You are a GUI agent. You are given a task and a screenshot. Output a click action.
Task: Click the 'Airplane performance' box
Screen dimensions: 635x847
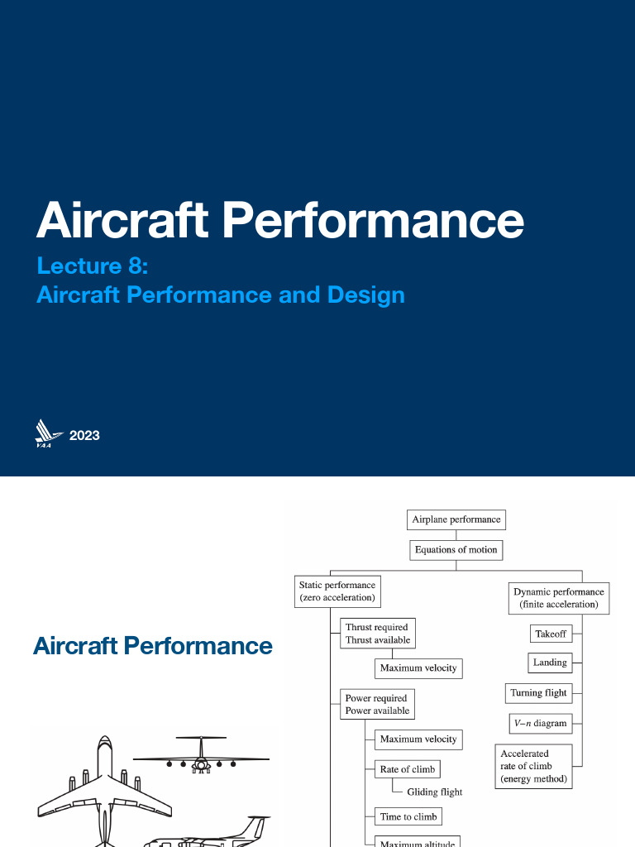coord(456,519)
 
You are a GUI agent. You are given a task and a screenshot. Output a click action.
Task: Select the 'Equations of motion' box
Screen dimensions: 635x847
coord(456,549)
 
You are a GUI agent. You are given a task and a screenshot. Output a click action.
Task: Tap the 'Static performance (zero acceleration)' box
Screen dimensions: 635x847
coord(337,591)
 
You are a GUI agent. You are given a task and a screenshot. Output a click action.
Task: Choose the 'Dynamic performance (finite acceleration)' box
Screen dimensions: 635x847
coord(558,598)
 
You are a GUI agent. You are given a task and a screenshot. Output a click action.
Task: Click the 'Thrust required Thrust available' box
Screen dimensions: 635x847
coord(378,634)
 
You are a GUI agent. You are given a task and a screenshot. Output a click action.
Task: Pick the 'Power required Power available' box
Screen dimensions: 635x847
coord(376,704)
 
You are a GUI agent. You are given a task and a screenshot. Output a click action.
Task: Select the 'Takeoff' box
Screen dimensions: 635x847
coord(551,634)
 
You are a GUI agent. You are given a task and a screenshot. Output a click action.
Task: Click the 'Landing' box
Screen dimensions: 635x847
coord(550,663)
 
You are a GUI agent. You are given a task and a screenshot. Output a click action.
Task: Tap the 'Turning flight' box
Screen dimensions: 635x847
coord(538,693)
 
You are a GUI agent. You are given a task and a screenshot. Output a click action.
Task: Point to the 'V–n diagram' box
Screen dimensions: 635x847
coord(539,723)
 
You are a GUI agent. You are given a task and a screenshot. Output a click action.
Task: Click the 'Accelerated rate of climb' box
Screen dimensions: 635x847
coord(534,766)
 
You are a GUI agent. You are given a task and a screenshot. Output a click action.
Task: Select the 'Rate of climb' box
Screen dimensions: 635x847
coord(407,769)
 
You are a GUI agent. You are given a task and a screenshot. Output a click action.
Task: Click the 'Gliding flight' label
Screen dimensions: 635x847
coord(434,792)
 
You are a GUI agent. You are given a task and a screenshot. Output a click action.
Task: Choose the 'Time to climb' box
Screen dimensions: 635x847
coord(408,816)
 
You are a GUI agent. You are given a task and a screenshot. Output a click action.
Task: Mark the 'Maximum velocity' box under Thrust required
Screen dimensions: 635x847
coord(418,668)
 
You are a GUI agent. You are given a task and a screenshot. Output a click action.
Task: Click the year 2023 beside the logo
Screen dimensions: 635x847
coord(84,435)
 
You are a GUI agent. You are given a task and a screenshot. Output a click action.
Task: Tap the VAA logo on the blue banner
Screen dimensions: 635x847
coord(49,433)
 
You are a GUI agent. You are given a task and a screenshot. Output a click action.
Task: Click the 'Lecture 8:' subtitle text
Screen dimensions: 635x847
coord(92,266)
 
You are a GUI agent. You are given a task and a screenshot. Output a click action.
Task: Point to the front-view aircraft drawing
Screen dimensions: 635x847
coord(201,755)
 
